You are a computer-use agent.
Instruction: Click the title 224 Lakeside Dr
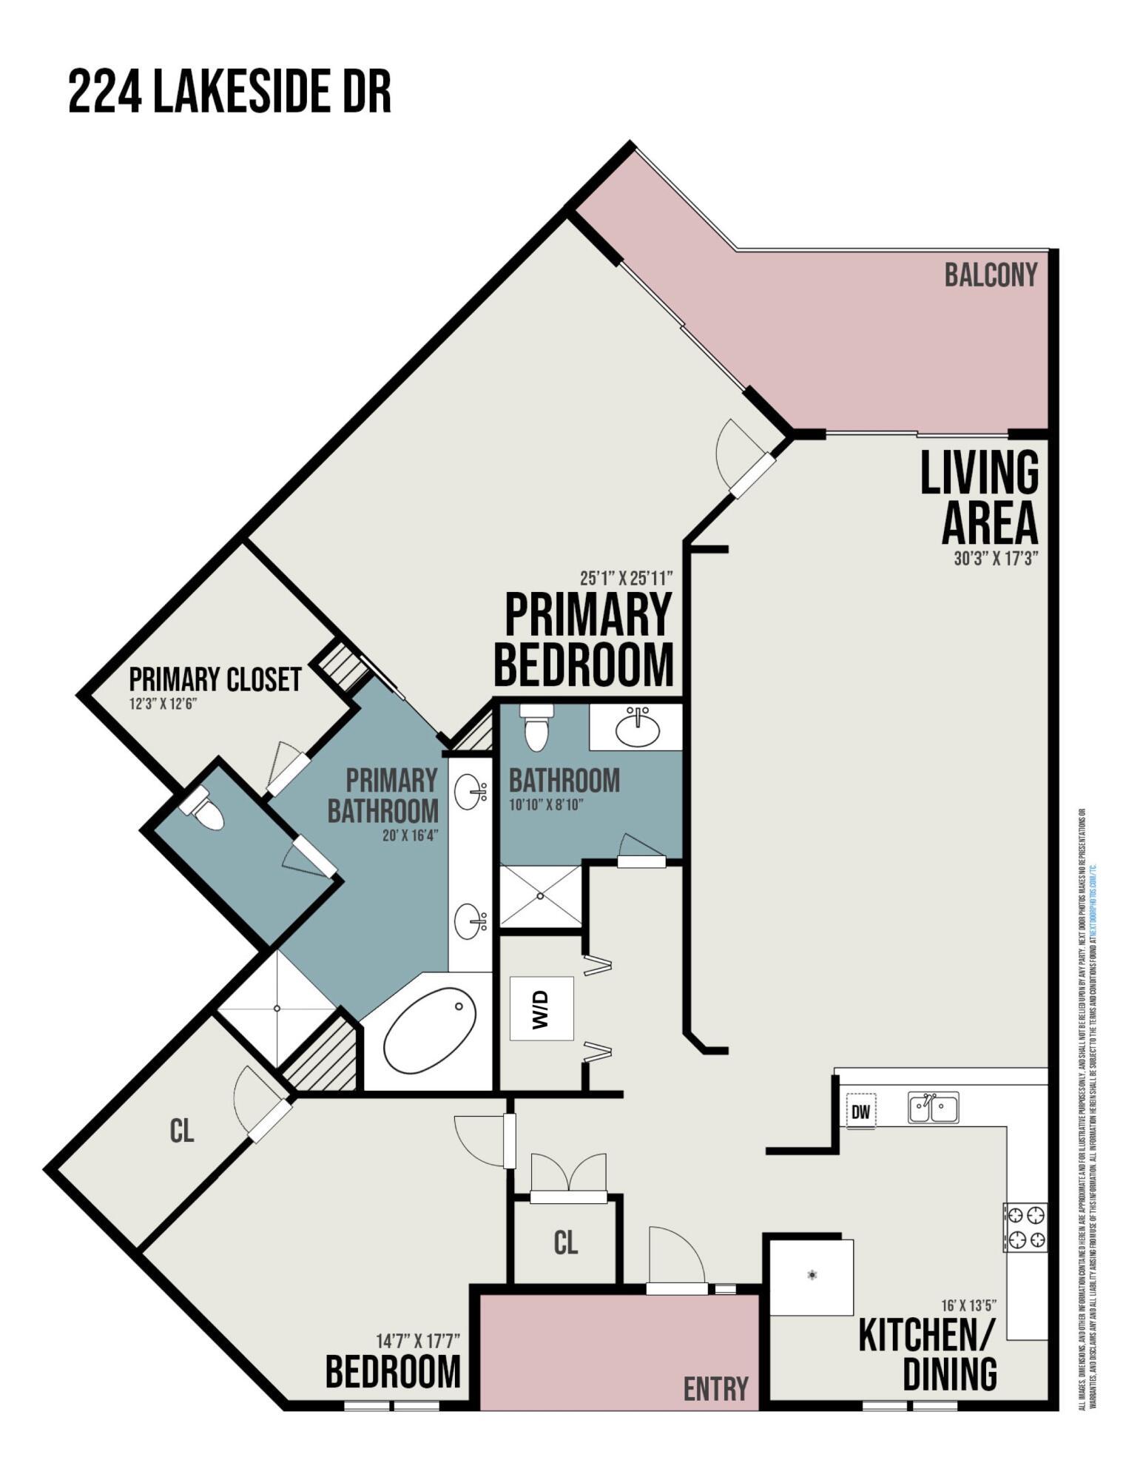click(x=229, y=92)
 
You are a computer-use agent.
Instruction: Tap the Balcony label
click(x=990, y=275)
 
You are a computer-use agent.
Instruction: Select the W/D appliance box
click(x=542, y=1009)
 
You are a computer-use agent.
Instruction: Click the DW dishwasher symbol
click(x=860, y=1111)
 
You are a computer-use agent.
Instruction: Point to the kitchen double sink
click(x=933, y=1108)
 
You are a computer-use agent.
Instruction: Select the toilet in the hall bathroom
click(x=536, y=727)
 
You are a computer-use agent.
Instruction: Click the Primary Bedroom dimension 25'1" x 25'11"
click(x=626, y=577)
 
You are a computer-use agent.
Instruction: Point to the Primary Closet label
click(x=215, y=679)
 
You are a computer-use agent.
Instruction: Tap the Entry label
click(x=715, y=1389)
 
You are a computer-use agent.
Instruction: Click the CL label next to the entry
click(x=565, y=1243)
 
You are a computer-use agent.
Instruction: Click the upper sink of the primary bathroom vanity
click(x=470, y=793)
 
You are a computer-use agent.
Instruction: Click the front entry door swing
click(x=675, y=1258)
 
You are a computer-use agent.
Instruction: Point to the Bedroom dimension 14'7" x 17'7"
click(x=418, y=1340)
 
